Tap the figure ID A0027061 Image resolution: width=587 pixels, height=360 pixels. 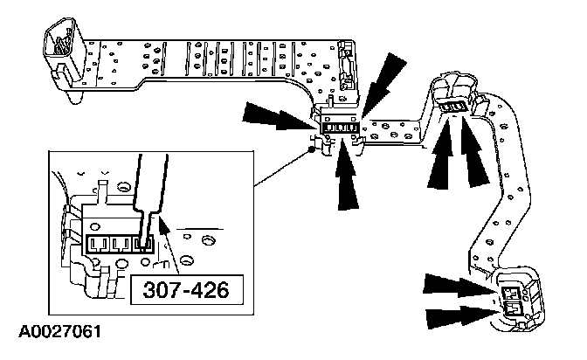coord(54,332)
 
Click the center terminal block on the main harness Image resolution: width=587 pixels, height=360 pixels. coord(339,128)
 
